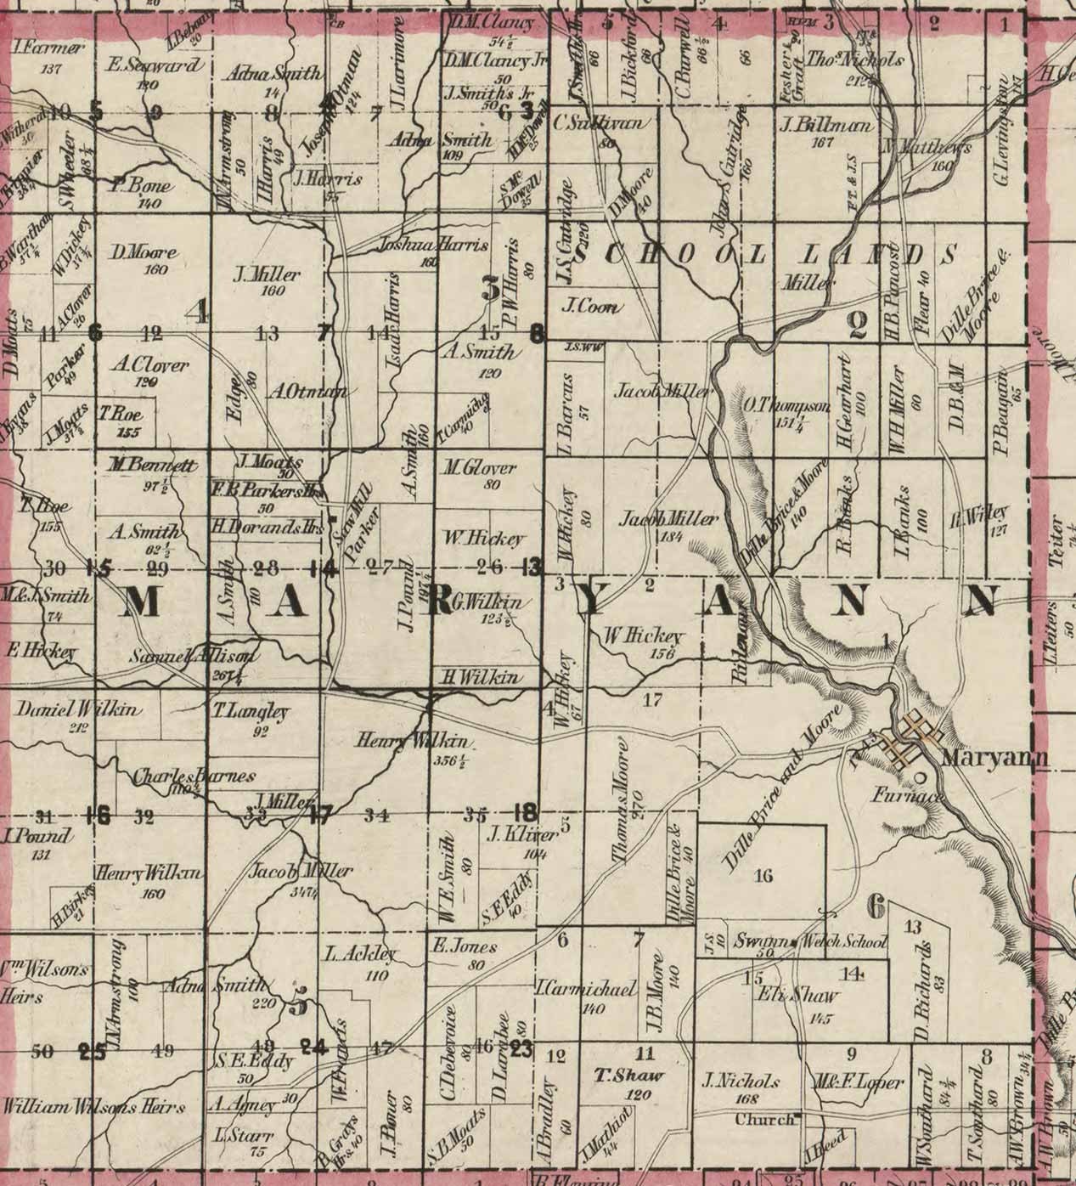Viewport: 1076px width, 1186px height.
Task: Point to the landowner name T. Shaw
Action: tap(628, 1076)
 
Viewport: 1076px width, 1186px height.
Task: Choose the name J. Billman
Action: tap(825, 126)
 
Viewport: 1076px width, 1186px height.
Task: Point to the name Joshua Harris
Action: tap(433, 246)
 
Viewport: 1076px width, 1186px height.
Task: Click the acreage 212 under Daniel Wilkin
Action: tap(80, 727)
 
